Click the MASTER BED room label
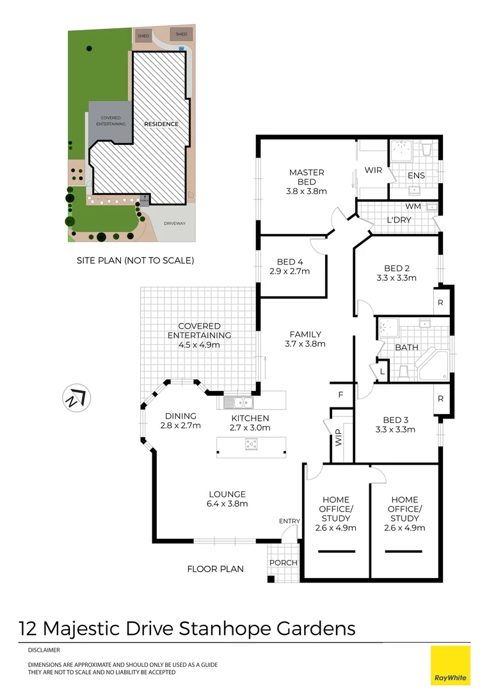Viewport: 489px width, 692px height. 307,172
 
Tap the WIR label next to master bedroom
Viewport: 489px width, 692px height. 373,170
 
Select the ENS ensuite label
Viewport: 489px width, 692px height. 415,176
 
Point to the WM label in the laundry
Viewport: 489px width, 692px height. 412,207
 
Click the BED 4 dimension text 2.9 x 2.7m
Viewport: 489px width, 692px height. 290,271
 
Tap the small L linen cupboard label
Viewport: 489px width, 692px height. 382,372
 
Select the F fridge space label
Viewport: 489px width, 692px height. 341,395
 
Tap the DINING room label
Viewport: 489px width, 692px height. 180,415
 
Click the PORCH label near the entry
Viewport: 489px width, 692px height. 284,563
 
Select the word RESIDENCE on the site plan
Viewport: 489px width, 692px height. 161,124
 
